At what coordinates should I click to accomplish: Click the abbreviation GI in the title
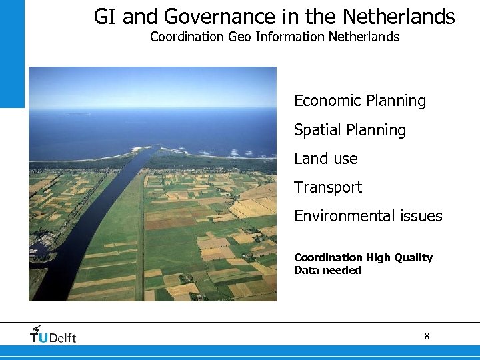(104, 17)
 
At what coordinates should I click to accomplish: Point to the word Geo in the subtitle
(239, 37)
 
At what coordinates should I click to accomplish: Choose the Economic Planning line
(359, 101)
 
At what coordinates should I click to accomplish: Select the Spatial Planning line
(349, 130)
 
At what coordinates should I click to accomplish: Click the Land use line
(325, 159)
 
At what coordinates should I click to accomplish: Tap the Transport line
(327, 187)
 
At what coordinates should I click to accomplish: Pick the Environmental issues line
(368, 216)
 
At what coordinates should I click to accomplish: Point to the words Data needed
(327, 270)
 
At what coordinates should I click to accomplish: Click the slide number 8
(427, 337)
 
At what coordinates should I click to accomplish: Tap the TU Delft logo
(53, 336)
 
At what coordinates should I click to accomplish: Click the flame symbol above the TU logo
(37, 329)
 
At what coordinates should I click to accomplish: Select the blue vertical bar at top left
(11, 53)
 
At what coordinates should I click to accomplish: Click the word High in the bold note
(377, 257)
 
